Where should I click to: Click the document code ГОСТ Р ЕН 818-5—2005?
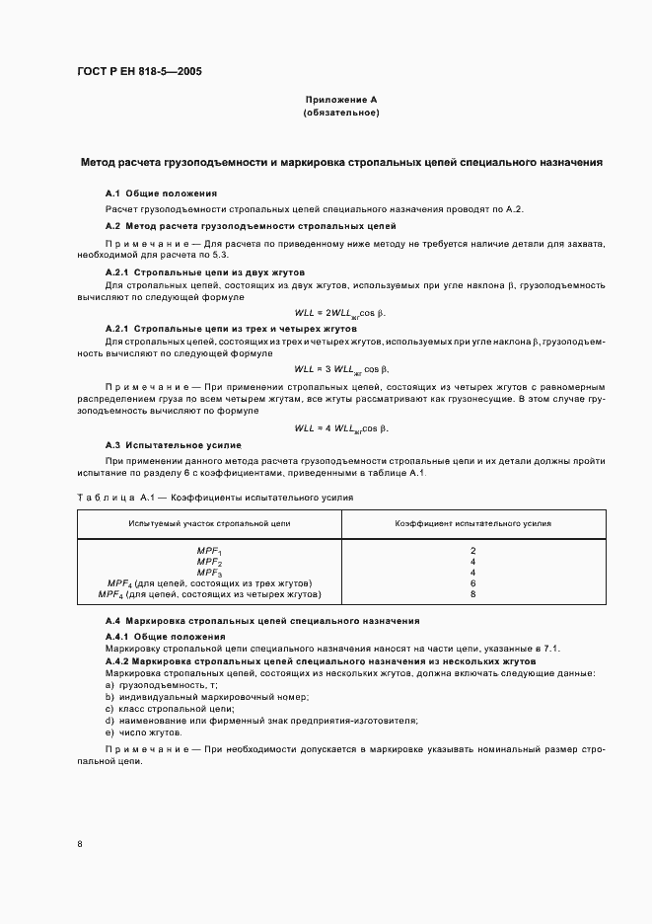click(x=139, y=71)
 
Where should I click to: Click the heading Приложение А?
click(x=341, y=100)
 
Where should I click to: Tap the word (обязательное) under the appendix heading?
click(x=341, y=114)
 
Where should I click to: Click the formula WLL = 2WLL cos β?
click(x=341, y=313)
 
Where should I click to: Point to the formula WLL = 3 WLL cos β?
click(x=341, y=369)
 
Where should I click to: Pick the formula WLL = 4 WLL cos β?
click(x=341, y=428)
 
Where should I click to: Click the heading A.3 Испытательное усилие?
click(x=173, y=446)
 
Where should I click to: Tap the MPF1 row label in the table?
click(x=210, y=551)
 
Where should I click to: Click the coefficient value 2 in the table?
click(x=473, y=550)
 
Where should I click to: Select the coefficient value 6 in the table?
click(x=473, y=582)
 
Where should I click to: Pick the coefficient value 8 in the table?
click(x=473, y=594)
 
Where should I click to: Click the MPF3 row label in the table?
click(x=210, y=573)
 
